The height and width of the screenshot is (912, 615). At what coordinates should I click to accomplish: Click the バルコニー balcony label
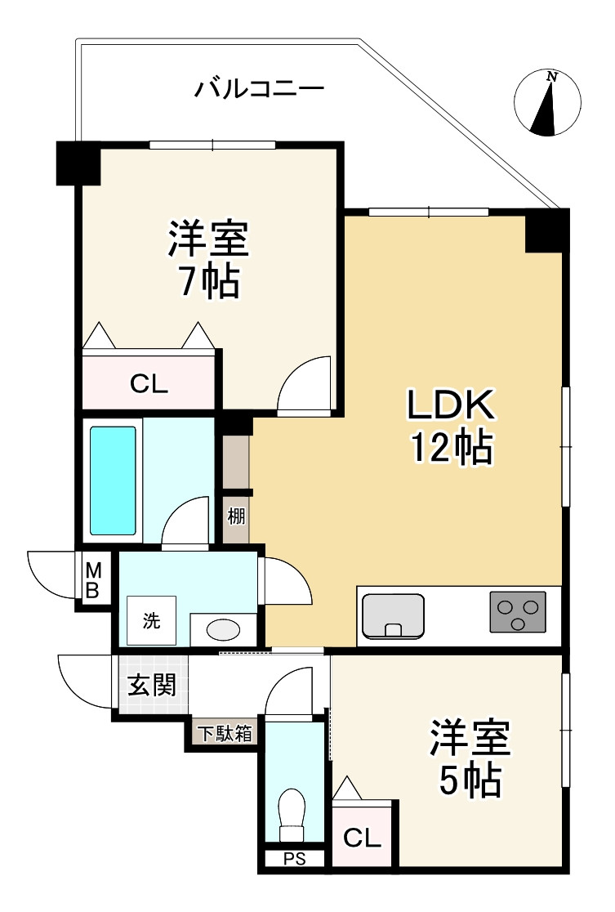click(259, 89)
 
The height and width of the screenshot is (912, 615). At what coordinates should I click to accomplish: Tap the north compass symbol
click(547, 103)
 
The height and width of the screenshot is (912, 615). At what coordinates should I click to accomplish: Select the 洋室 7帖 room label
click(209, 259)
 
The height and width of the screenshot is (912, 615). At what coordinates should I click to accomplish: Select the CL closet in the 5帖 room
click(362, 836)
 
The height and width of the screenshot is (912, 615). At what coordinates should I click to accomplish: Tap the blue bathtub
click(113, 481)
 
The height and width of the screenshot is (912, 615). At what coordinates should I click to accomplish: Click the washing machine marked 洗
click(151, 620)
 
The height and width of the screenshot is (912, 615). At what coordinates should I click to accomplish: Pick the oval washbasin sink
click(223, 629)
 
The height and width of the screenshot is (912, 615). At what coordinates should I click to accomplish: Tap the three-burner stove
click(518, 611)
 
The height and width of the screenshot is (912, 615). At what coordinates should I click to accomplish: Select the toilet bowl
click(292, 815)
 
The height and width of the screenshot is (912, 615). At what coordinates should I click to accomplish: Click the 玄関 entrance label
click(151, 685)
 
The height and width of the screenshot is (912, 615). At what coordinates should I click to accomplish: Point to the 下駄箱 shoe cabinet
click(225, 733)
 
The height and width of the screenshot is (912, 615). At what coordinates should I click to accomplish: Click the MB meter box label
click(93, 579)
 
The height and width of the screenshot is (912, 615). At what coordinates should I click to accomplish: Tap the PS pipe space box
click(295, 859)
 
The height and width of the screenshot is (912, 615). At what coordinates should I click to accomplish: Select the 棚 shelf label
click(236, 516)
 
